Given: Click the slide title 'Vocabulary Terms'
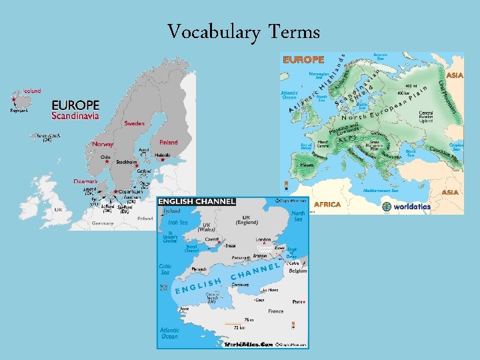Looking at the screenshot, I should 243,31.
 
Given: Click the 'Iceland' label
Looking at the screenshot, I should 32,91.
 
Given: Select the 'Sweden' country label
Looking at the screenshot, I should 134,123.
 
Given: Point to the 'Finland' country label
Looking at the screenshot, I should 169,142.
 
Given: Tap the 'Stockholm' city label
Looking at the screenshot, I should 127,162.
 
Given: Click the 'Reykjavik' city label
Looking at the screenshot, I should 19,111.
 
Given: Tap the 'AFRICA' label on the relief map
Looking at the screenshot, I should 327,205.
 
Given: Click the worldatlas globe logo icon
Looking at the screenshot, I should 387,207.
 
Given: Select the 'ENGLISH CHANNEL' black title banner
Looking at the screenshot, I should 196,201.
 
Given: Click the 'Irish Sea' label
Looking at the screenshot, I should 178,223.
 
